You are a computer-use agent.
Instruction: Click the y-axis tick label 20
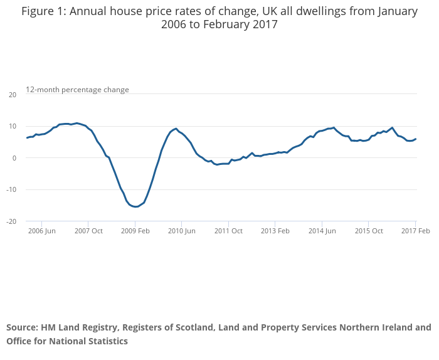[x=13, y=95]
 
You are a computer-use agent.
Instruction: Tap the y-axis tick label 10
[x=13, y=126]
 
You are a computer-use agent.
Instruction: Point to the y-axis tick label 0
[x=14, y=158]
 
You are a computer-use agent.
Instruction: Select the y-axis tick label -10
[x=11, y=189]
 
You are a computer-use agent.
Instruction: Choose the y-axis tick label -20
[x=11, y=221]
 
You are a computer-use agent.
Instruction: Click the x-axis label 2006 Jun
[x=41, y=231]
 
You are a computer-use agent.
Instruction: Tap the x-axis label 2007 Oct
[x=88, y=231]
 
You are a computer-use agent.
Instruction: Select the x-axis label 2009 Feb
[x=135, y=231]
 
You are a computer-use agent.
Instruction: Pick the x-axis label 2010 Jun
[x=182, y=231]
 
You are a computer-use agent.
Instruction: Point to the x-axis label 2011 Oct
[x=228, y=231]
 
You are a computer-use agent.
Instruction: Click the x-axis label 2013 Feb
[x=275, y=231]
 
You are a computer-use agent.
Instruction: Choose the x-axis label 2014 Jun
[x=322, y=231]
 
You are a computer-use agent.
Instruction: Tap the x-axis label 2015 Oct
[x=369, y=231]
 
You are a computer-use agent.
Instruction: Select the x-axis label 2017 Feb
[x=416, y=231]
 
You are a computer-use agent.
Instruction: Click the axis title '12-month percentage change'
[x=77, y=90]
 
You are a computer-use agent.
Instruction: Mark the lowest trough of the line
[x=136, y=207]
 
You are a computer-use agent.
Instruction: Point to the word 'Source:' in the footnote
[x=22, y=327]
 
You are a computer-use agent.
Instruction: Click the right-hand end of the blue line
[x=416, y=139]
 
